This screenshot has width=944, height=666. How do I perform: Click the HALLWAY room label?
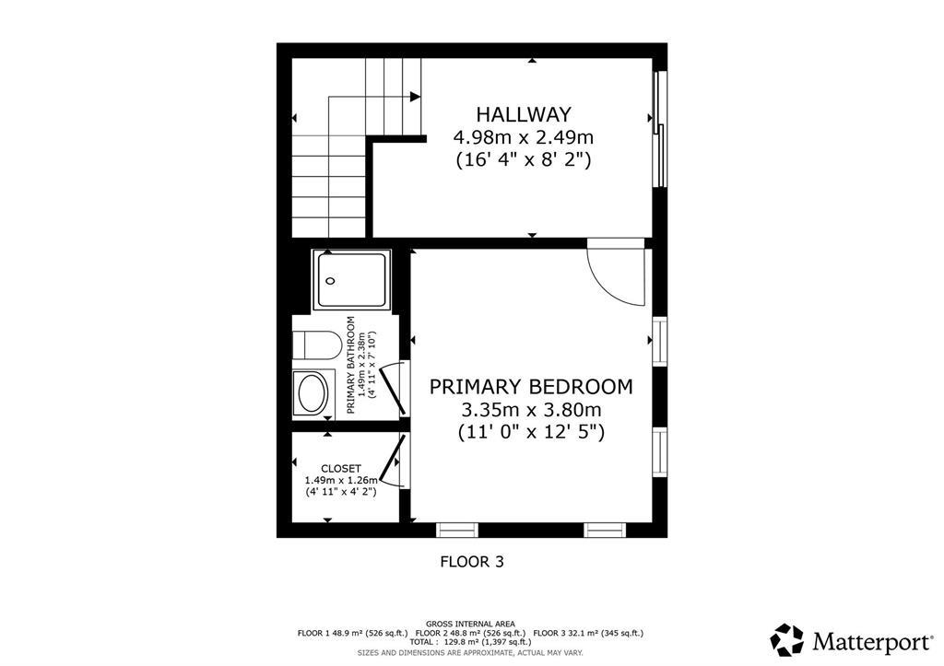[523, 114]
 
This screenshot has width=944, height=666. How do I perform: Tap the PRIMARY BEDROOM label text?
[531, 386]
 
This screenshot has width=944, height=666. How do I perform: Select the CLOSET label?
[341, 468]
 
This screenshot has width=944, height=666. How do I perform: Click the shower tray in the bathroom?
[352, 280]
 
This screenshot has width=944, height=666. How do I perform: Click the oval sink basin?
[313, 393]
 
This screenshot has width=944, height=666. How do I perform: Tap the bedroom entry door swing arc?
[616, 274]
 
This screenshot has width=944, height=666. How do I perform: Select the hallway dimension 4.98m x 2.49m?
[523, 137]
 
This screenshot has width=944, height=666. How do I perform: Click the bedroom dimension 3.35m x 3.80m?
[531, 409]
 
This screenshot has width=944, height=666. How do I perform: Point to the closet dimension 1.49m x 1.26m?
[341, 480]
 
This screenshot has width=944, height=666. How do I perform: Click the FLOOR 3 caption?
[472, 560]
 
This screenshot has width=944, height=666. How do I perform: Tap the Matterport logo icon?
[787, 639]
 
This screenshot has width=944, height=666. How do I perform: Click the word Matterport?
[865, 640]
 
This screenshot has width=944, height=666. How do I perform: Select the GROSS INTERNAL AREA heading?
[470, 624]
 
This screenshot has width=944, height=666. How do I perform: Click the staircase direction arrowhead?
[416, 96]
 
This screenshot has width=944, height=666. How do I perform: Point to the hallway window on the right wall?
[658, 129]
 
